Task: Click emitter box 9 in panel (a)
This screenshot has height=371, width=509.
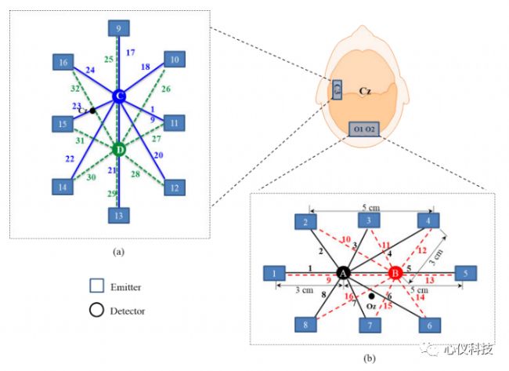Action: point(118,29)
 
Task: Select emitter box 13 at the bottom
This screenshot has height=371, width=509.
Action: point(118,215)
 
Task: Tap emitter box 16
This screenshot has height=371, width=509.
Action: point(63,61)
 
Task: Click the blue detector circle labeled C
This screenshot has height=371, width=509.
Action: point(118,96)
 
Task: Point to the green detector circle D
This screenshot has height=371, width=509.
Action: point(118,148)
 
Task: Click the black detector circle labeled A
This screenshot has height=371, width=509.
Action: point(342,273)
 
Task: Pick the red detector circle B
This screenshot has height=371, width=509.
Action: point(395,273)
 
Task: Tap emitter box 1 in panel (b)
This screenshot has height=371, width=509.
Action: point(275,273)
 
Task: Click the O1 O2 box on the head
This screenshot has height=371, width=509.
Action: point(366,128)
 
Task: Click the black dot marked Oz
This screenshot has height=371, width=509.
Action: point(370,296)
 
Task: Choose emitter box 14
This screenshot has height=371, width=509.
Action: point(63,187)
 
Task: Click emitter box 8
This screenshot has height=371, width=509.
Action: point(307,324)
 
